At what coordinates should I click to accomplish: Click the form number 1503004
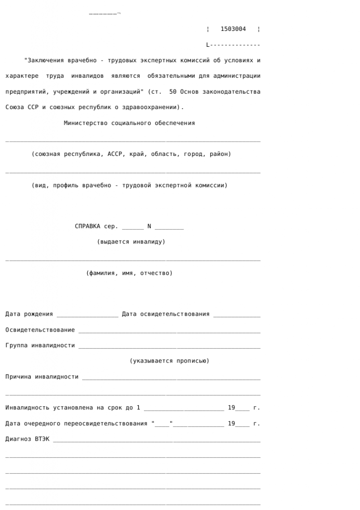click(x=233, y=29)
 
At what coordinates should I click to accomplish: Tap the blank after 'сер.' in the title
click(x=132, y=227)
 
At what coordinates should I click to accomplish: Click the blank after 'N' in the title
click(x=169, y=227)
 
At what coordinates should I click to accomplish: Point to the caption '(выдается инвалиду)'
click(x=131, y=242)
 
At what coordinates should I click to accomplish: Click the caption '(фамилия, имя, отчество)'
click(x=129, y=273)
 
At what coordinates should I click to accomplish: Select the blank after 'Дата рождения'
click(x=87, y=315)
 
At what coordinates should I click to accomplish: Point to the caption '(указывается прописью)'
click(x=169, y=361)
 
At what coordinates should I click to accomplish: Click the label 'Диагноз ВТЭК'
click(x=27, y=439)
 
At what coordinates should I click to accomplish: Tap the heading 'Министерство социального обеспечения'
click(x=129, y=123)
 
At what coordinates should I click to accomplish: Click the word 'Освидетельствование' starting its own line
click(x=40, y=330)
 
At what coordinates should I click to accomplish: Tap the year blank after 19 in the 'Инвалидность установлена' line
click(x=242, y=408)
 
